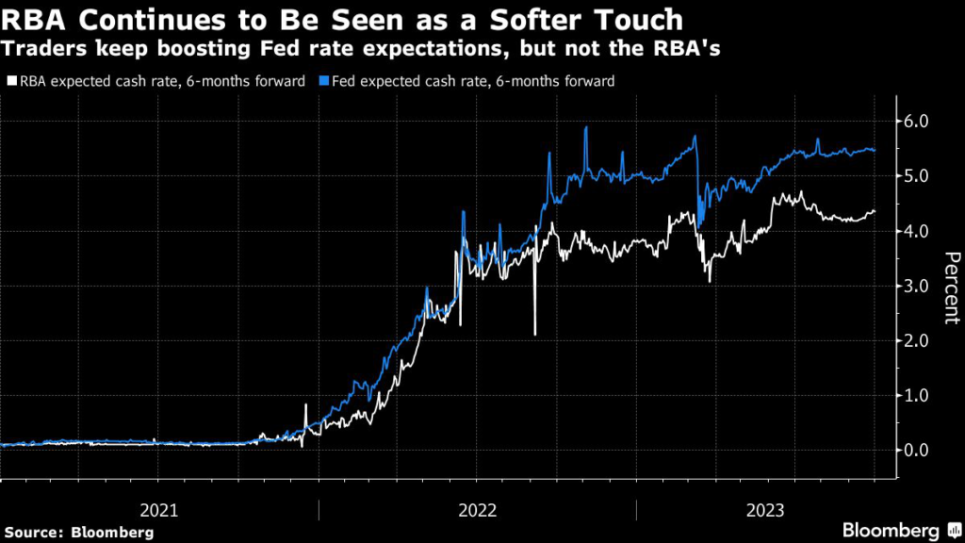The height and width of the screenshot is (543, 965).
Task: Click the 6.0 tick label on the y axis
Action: point(918,122)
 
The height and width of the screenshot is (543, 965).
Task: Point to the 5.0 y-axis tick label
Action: point(918,176)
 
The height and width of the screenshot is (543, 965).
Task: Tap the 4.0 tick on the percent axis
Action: point(918,231)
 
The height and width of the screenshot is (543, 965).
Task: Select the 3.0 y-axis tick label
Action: point(918,286)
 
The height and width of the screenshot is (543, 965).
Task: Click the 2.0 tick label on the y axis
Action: point(918,340)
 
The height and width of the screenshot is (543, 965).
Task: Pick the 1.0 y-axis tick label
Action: point(918,396)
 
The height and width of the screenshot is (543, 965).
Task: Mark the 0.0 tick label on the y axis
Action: point(918,451)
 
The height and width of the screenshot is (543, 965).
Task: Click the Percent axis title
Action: point(952,287)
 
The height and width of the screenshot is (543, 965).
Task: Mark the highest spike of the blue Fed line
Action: point(585,127)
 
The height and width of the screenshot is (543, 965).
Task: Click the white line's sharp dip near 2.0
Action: point(534,333)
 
